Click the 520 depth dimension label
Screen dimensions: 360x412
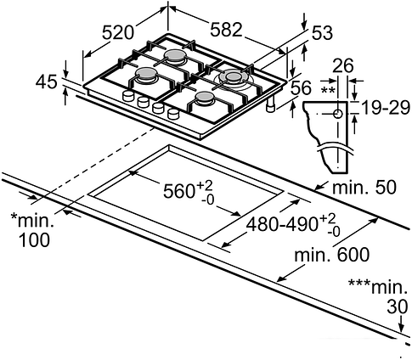[119, 33]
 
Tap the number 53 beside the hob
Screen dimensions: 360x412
[321, 35]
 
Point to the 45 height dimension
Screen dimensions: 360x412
[48, 82]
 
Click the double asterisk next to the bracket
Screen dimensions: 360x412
[327, 87]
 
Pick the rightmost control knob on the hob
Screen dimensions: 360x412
[172, 114]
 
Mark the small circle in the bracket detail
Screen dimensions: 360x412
[339, 112]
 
